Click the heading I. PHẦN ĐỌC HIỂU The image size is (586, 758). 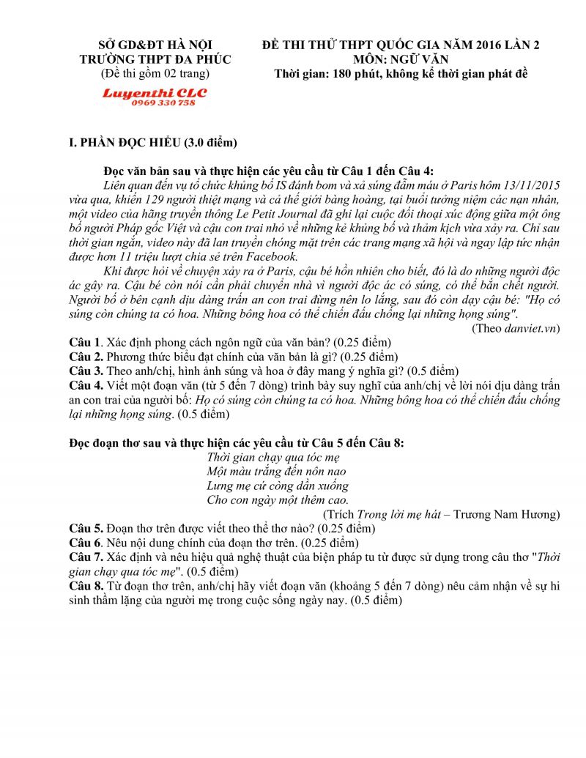click(153, 142)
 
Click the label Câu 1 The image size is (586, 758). click(85, 342)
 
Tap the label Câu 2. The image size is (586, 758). click(86, 357)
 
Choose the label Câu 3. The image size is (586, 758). click(86, 371)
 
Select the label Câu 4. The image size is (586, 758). click(86, 385)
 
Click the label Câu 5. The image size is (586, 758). click(86, 527)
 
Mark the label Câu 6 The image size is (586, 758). click(85, 542)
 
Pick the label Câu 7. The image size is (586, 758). click(86, 557)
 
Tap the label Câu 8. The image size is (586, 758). click(86, 586)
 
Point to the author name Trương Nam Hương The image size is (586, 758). click(507, 513)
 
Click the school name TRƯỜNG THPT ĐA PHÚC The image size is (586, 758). click(155, 59)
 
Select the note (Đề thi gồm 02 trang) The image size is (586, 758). click(155, 73)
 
